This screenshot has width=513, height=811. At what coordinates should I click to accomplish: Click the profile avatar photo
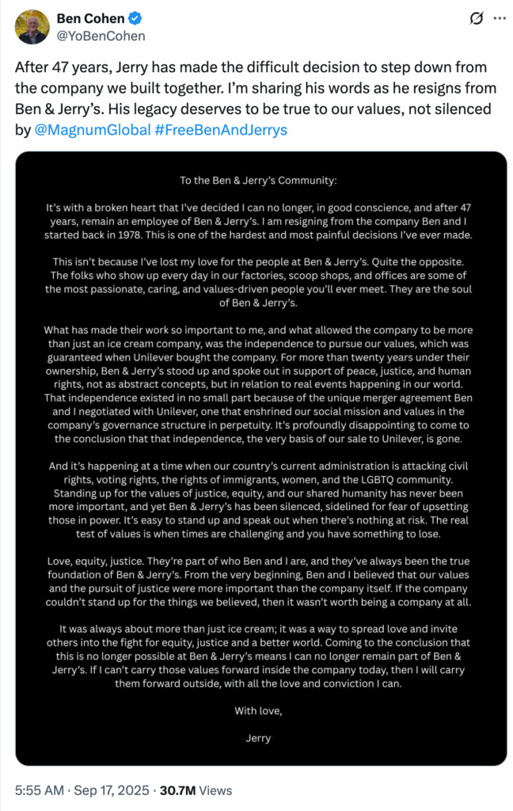click(32, 27)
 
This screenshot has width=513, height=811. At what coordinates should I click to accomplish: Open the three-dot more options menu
click(499, 18)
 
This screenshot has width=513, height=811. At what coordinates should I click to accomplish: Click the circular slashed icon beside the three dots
click(477, 18)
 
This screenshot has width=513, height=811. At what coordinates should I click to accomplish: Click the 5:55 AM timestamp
click(40, 790)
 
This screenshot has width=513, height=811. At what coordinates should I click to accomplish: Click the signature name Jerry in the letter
click(258, 737)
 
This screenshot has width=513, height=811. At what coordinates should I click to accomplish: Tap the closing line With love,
click(258, 710)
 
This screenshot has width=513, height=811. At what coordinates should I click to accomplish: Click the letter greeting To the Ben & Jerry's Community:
click(258, 180)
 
